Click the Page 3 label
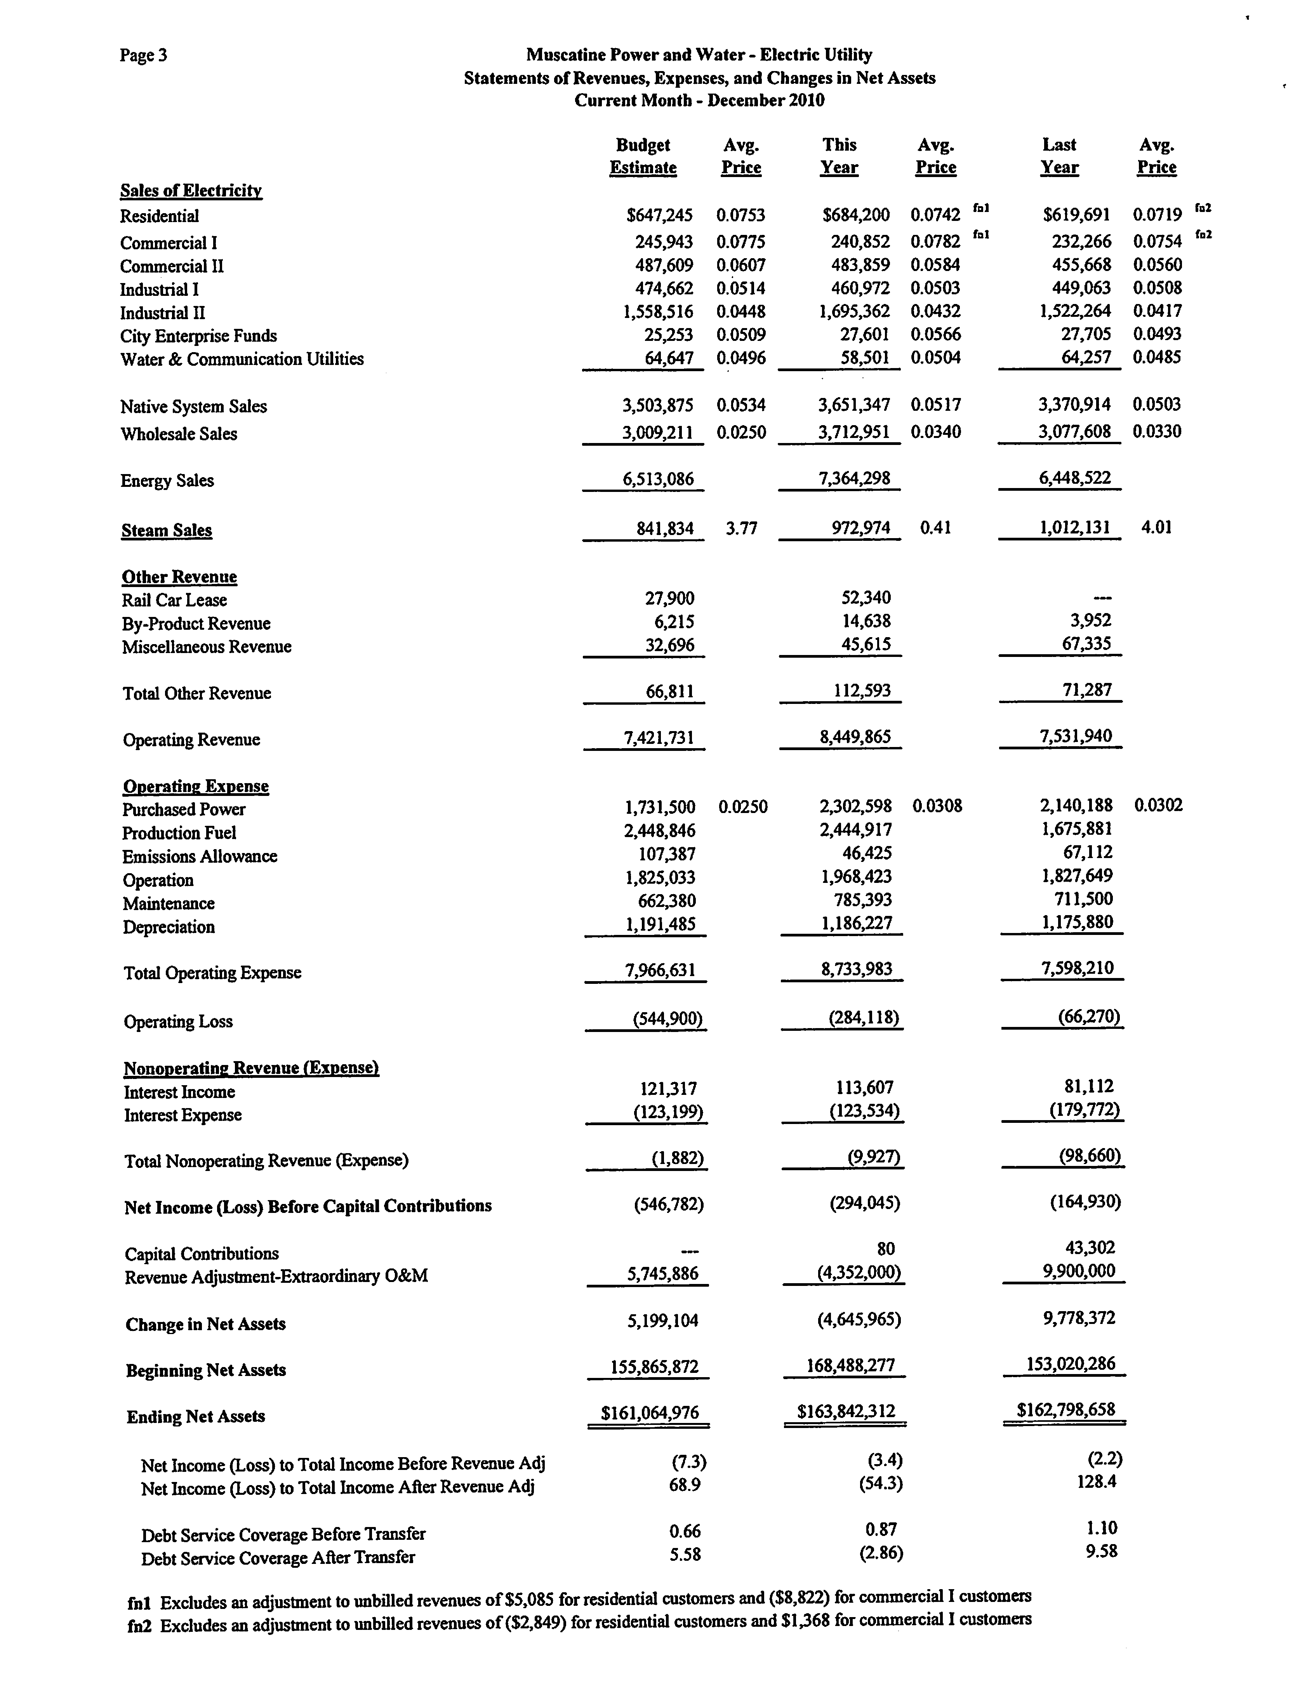pos(143,55)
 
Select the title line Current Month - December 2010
pos(699,100)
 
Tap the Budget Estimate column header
pos(643,156)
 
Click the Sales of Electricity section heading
pos(191,191)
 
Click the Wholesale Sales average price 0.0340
pos(935,431)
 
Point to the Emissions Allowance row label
pos(199,856)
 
